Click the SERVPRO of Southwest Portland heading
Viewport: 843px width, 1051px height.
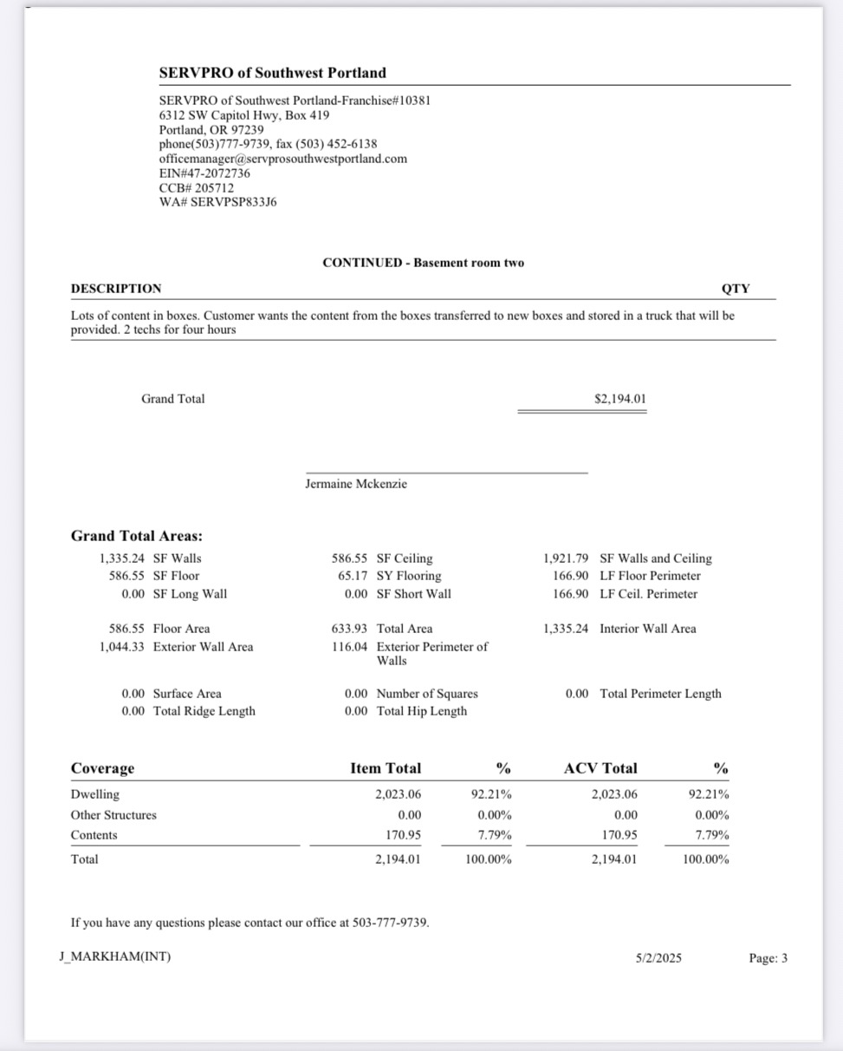click(x=272, y=73)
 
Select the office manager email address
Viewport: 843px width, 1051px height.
click(x=282, y=159)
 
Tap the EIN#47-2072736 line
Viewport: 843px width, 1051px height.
click(x=204, y=173)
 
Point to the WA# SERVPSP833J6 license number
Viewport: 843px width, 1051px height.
click(x=217, y=202)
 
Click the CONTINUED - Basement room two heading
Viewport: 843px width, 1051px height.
click(x=423, y=262)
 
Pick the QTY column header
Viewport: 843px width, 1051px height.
click(x=735, y=289)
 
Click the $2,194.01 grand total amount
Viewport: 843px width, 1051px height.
click(x=619, y=399)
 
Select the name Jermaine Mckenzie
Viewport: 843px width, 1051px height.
click(x=355, y=484)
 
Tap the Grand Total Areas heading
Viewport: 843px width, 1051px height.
click(x=137, y=536)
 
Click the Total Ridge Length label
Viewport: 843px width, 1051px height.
click(x=204, y=711)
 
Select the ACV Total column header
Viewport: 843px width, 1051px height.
click(x=600, y=768)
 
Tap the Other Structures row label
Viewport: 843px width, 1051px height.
click(x=113, y=815)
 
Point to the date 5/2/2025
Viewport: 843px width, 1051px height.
click(x=658, y=958)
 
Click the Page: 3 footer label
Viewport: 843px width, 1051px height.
click(x=768, y=958)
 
